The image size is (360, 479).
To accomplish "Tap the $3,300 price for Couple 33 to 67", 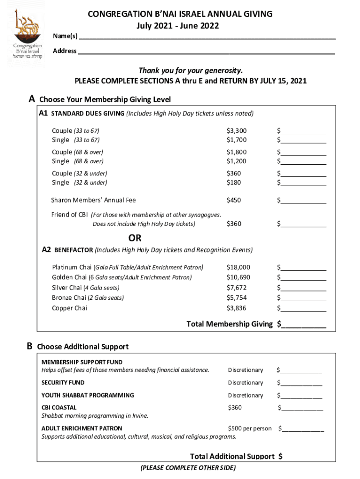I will (237, 131).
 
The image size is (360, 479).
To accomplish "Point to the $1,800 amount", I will (237, 152).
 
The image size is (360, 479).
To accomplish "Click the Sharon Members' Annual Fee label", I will (94, 200).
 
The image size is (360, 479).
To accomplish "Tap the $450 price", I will (234, 200).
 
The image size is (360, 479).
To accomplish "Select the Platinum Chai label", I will (72, 268).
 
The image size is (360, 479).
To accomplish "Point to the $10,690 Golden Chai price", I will (238, 277).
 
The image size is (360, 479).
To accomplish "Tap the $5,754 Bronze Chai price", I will (237, 298).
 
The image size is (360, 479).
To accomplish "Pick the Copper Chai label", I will (69, 308).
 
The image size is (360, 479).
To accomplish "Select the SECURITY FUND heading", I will (63, 383).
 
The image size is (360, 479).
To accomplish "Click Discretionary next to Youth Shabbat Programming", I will (245, 395).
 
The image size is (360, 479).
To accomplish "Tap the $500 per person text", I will (250, 428).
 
